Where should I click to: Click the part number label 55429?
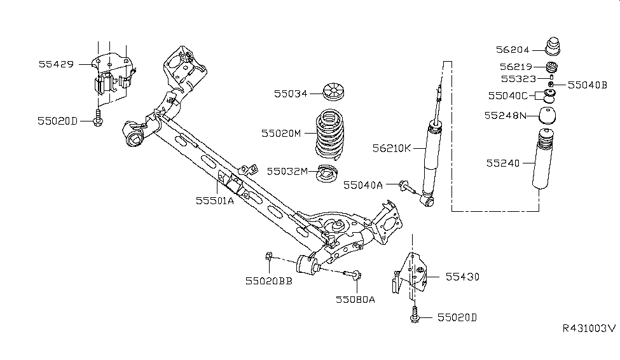tap(56, 64)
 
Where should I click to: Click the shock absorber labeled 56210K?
tap(434, 153)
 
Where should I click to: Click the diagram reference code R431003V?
tap(589, 328)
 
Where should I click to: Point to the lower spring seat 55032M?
tap(327, 172)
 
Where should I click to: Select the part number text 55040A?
tap(363, 185)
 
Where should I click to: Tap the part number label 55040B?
tap(587, 84)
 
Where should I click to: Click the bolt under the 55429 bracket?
tap(98, 119)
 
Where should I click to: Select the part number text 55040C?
tap(508, 96)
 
